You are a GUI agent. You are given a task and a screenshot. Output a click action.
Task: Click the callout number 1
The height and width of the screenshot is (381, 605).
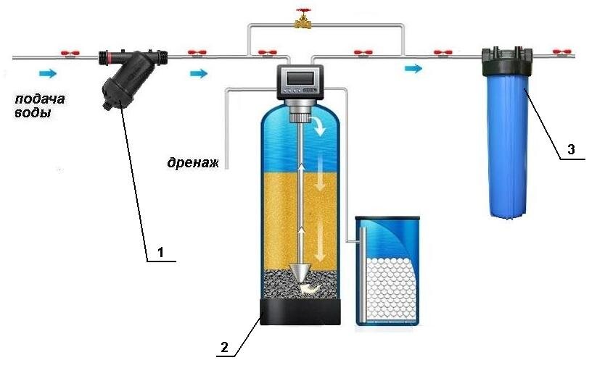162,252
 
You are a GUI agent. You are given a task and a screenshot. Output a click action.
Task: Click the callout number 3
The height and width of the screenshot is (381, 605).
571,150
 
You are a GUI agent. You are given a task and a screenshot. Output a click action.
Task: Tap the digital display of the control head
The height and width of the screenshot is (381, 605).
302,75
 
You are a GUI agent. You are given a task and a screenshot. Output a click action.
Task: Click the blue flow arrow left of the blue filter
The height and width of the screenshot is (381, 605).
413,68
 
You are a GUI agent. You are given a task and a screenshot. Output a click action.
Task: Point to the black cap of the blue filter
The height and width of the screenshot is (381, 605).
507,55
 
